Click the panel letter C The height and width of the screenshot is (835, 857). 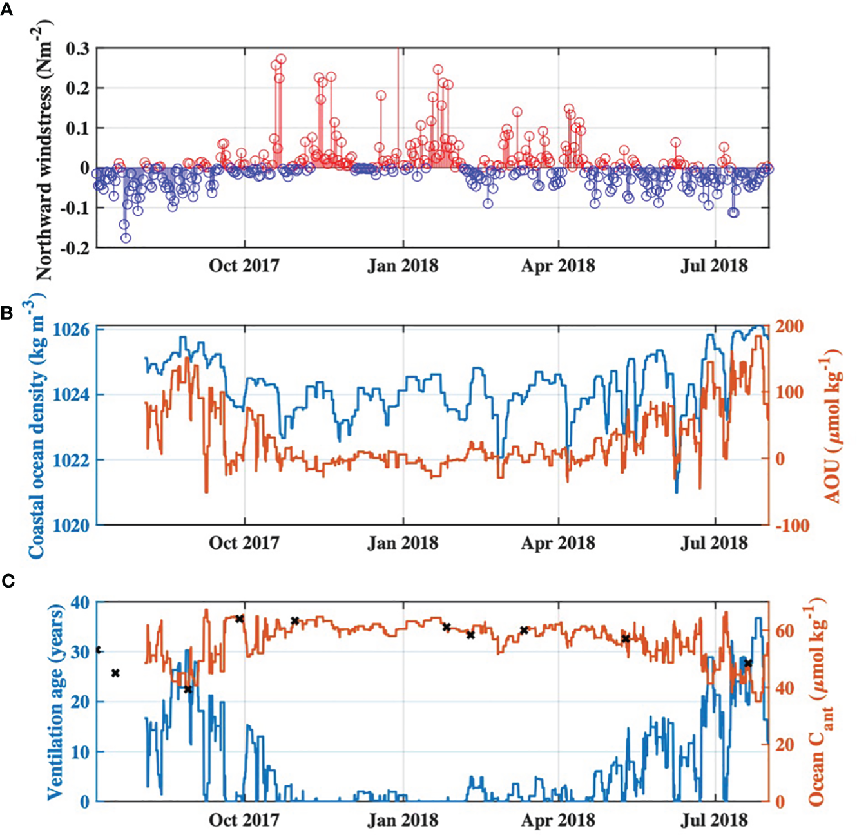click(x=8, y=581)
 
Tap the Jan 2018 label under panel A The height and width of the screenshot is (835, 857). click(x=403, y=265)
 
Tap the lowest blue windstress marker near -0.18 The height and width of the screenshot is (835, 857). click(x=126, y=238)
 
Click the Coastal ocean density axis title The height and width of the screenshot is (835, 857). click(x=36, y=425)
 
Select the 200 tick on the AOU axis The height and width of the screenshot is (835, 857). click(x=789, y=327)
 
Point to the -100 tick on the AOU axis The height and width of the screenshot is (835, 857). click(x=792, y=526)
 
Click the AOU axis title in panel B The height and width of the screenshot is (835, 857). click(x=833, y=425)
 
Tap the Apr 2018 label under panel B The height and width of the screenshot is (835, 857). click(x=558, y=543)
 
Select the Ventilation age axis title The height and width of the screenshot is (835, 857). click(x=57, y=702)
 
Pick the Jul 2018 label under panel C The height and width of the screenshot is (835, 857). click(x=714, y=820)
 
